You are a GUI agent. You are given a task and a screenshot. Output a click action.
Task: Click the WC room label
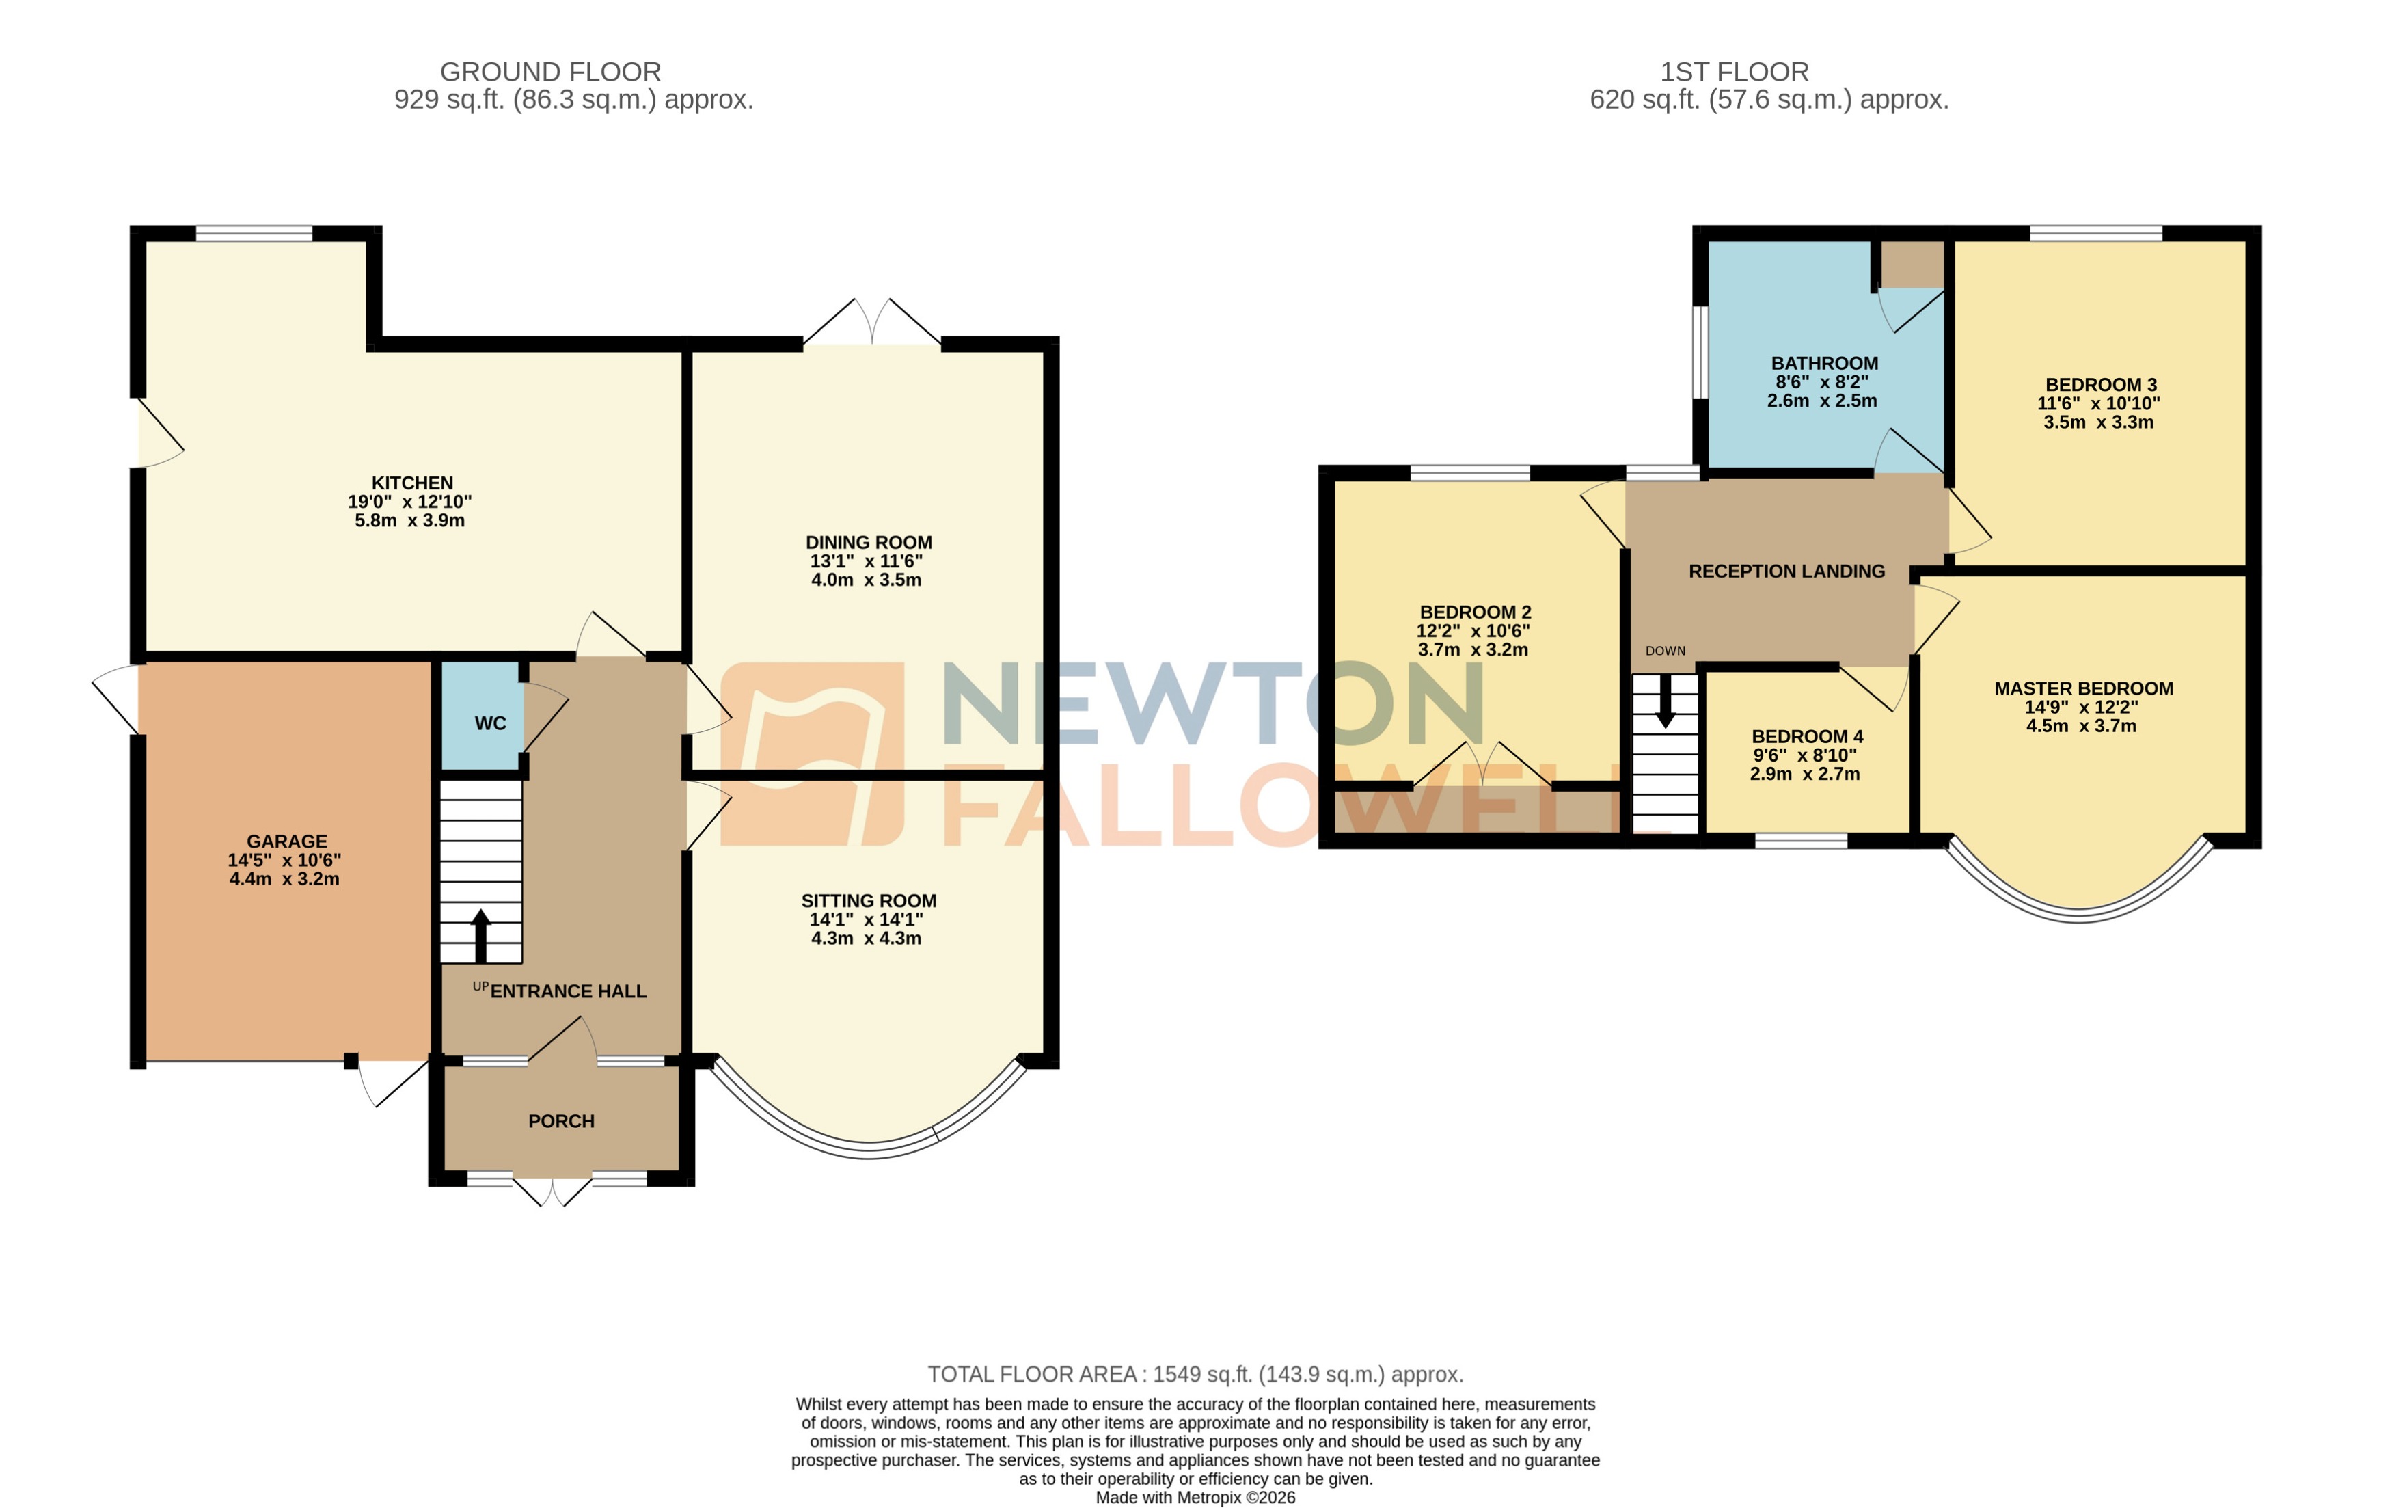coord(490,723)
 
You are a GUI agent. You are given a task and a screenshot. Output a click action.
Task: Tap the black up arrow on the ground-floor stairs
coord(480,934)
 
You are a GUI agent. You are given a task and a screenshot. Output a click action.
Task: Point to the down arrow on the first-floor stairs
coord(1665,701)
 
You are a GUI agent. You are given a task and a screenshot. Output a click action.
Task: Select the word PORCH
coord(561,1120)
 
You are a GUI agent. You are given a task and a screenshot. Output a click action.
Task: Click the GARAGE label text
coord(286,841)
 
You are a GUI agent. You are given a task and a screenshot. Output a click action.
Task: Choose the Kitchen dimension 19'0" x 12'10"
coord(409,502)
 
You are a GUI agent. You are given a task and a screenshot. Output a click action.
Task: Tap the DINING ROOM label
coord(868,542)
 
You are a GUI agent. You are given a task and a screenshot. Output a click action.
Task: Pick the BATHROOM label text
coord(1824,364)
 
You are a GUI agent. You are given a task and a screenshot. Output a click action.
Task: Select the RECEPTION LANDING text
coord(1786,571)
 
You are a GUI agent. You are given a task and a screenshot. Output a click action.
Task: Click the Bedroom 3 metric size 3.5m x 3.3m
coord(2098,422)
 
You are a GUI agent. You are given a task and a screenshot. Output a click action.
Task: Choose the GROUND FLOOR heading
coord(550,72)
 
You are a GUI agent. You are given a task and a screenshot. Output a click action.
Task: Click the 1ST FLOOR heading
coord(1735,72)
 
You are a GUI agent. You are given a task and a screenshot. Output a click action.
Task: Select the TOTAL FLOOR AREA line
coord(1195,1374)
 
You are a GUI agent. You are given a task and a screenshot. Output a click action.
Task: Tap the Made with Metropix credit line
coord(1195,1497)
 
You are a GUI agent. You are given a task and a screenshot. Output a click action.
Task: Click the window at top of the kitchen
coord(254,234)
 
